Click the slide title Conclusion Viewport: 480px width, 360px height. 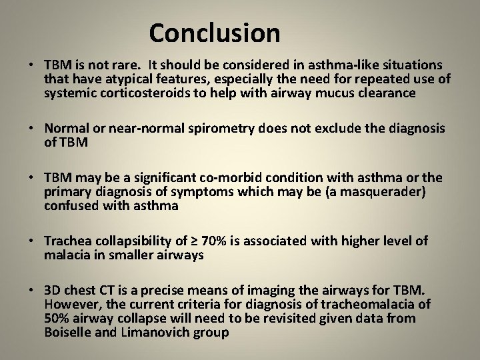coord(215,33)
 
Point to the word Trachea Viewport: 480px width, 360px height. coord(67,241)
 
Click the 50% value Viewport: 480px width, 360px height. coord(56,319)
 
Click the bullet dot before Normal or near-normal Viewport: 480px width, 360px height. coord(32,129)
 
